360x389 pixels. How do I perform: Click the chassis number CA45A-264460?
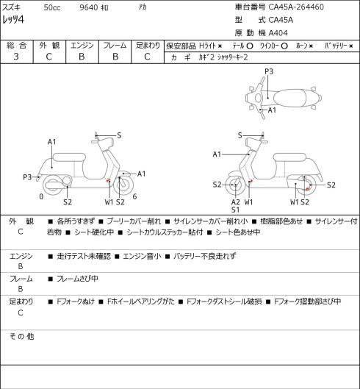pyautogui.click(x=296, y=7)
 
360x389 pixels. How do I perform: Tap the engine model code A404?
pyautogui.click(x=278, y=33)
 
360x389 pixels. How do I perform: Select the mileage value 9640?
pyautogui.click(x=88, y=7)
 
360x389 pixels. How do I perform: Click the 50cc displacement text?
pyautogui.click(x=52, y=7)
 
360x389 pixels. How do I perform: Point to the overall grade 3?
pyautogui.click(x=16, y=57)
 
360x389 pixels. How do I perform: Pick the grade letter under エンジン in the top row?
pyautogui.click(x=82, y=57)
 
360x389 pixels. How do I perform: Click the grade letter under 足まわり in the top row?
pyautogui.click(x=147, y=57)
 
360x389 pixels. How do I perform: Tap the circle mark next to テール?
pyautogui.click(x=250, y=46)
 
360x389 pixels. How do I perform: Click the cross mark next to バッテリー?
pyautogui.click(x=351, y=46)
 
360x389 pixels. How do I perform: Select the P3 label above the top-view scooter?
pyautogui.click(x=269, y=71)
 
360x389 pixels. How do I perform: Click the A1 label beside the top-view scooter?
pyautogui.click(x=272, y=110)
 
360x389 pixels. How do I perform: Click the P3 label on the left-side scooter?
pyautogui.click(x=27, y=177)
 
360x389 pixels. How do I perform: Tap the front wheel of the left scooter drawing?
pyautogui.click(x=123, y=185)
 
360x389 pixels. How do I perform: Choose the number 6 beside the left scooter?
pyautogui.click(x=134, y=196)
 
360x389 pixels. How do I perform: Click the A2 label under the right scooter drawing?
pyautogui.click(x=236, y=202)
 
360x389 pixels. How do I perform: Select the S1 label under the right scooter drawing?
pyautogui.click(x=236, y=210)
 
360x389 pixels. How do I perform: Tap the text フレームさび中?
pyautogui.click(x=77, y=279)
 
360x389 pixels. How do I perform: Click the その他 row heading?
pyautogui.click(x=21, y=336)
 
